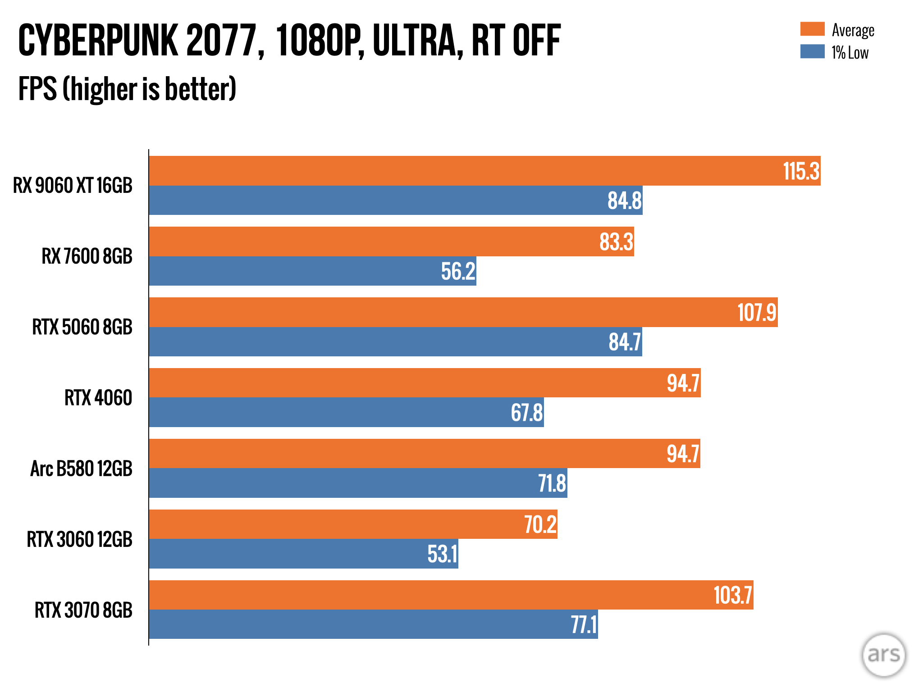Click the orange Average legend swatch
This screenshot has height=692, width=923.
[x=812, y=29]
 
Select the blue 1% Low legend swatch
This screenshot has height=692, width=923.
[x=812, y=51]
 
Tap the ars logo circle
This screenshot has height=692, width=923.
[x=883, y=655]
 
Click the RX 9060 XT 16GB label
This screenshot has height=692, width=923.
[x=73, y=186]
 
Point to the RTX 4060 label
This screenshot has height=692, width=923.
[x=98, y=398]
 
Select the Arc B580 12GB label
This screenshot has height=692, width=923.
[x=81, y=469]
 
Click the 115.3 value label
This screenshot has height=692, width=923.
[x=801, y=171]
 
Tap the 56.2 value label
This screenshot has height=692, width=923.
[x=458, y=271]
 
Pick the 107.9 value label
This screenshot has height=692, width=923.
[x=757, y=313]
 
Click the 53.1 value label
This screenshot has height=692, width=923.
[x=442, y=554]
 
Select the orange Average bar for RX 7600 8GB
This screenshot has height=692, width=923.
[x=361, y=241]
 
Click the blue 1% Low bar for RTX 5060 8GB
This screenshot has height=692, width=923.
[x=361, y=342]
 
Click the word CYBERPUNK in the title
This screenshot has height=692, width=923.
[x=98, y=41]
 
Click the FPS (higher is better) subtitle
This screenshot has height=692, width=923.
[x=127, y=89]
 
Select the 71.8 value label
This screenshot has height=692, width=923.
[x=552, y=483]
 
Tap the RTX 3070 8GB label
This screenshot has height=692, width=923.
[x=83, y=610]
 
